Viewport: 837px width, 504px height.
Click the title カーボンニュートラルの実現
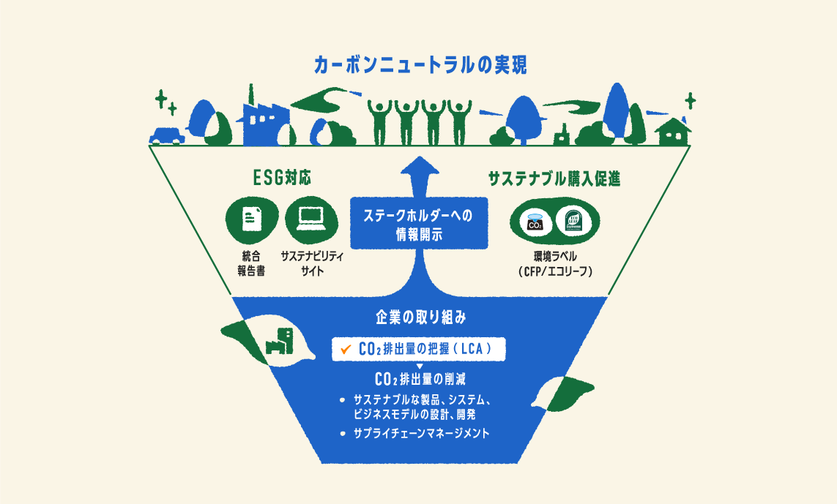(419, 65)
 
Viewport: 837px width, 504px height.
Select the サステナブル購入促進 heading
(554, 178)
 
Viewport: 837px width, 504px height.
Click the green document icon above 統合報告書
(251, 218)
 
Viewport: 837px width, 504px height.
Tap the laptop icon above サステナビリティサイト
(311, 218)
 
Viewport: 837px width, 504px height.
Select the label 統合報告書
(251, 263)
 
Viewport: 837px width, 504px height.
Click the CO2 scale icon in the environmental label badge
(535, 222)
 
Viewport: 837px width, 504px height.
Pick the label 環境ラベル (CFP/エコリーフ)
(554, 263)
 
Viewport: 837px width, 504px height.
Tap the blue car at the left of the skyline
(166, 136)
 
